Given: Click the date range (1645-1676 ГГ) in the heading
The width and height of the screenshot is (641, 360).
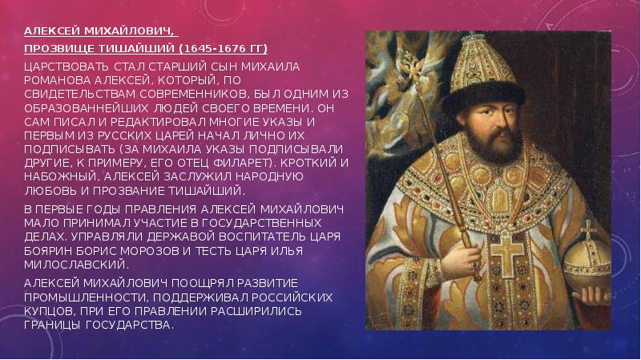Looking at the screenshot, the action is tap(224, 49).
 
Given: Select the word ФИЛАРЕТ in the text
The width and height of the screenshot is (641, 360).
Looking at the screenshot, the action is tap(244, 163).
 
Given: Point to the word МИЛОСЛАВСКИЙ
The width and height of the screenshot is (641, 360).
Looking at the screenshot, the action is tap(76, 265).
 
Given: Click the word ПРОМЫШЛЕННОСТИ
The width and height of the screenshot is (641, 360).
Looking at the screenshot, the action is tap(84, 297).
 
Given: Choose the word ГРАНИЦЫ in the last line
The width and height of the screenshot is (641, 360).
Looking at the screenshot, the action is tap(53, 326).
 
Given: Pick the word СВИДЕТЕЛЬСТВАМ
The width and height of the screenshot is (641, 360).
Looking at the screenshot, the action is tap(79, 94).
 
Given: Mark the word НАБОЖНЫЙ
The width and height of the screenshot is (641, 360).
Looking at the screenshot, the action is tap(62, 176).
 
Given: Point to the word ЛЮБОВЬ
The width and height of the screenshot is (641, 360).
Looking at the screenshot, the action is tap(50, 191).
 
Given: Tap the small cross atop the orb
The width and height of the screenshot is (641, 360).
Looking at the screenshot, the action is tap(588, 230).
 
